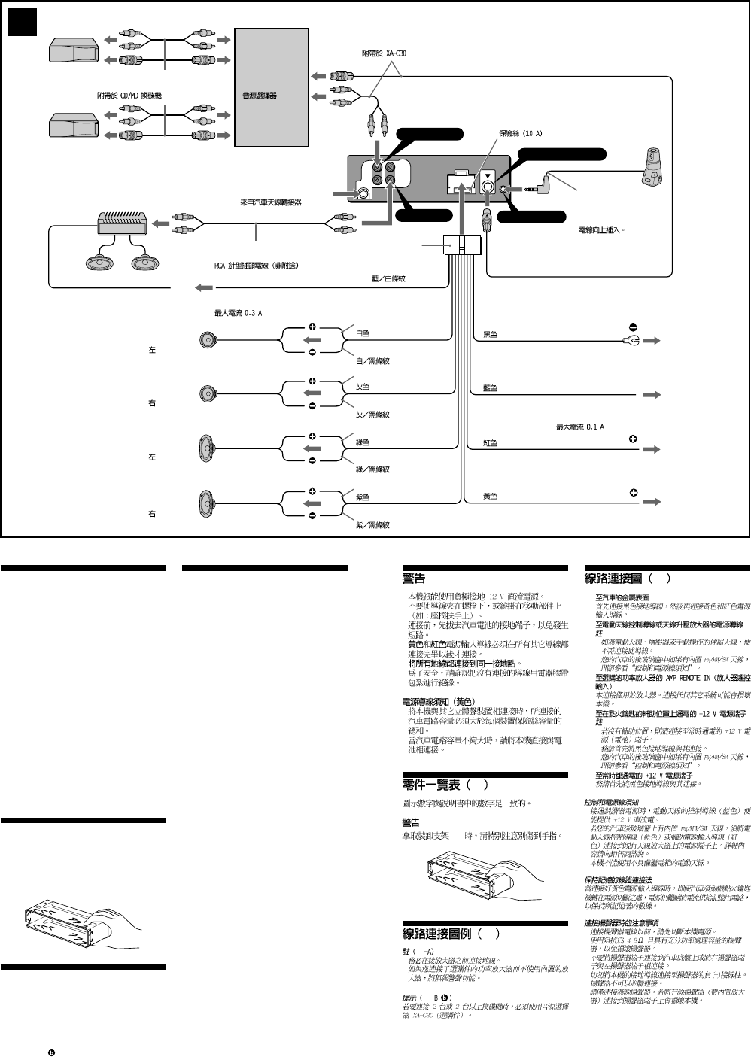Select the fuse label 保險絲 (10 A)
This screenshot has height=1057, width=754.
[520, 133]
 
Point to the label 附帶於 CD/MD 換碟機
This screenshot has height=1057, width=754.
[129, 96]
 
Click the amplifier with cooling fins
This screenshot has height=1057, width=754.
[120, 223]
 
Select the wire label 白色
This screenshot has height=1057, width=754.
[363, 333]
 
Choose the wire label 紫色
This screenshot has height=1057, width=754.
[363, 497]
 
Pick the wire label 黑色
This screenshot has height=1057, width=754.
[490, 334]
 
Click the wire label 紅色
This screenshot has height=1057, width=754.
[490, 443]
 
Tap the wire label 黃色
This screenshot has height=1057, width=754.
[490, 497]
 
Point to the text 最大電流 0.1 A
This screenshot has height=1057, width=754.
[579, 427]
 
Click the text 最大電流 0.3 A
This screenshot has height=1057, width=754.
[239, 312]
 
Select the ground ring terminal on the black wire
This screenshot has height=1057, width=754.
[630, 341]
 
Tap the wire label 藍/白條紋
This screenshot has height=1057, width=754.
[388, 278]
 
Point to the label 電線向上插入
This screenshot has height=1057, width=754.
[600, 230]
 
